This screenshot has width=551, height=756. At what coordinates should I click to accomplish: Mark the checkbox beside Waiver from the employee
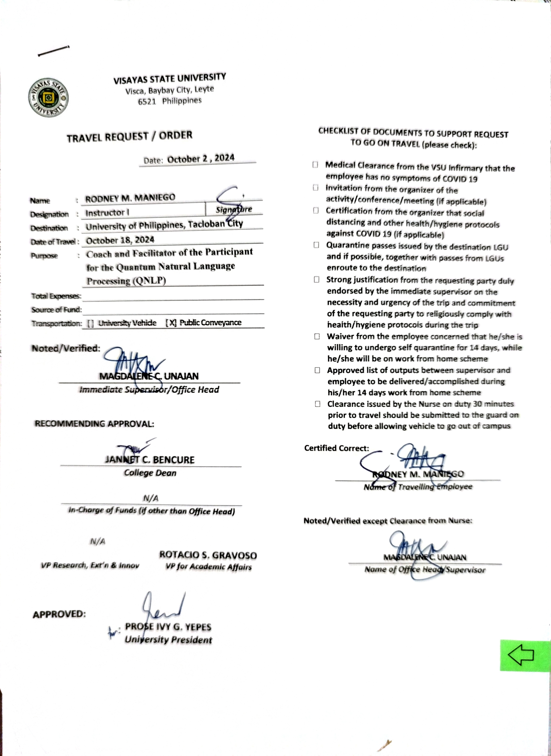(x=317, y=336)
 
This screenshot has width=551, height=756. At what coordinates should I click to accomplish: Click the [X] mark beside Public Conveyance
(x=171, y=323)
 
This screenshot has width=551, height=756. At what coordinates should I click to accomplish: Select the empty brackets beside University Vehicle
(x=90, y=323)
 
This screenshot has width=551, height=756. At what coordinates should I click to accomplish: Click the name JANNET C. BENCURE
(x=150, y=460)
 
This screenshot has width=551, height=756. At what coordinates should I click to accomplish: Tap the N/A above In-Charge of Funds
(x=151, y=498)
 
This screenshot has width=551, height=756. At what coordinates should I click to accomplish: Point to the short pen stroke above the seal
(x=53, y=51)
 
